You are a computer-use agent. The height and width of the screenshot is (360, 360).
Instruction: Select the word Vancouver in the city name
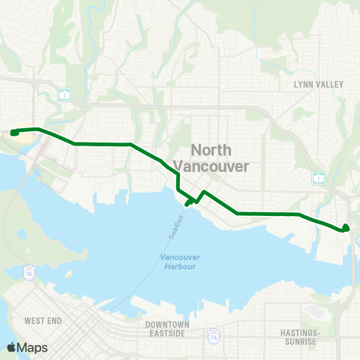pos(211,166)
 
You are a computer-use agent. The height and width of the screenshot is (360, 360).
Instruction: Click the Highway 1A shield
pos(28,271)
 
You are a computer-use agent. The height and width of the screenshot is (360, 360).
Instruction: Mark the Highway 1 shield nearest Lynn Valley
pos(319,176)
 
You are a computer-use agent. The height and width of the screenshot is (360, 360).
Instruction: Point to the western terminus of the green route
pos(13,133)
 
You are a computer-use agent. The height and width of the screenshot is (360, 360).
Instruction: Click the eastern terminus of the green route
pos(346,227)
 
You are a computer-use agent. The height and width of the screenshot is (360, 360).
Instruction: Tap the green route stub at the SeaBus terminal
pos(187,202)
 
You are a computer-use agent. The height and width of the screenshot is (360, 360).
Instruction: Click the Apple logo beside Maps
pos(13,347)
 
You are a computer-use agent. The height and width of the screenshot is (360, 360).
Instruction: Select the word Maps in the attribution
pos(34,347)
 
